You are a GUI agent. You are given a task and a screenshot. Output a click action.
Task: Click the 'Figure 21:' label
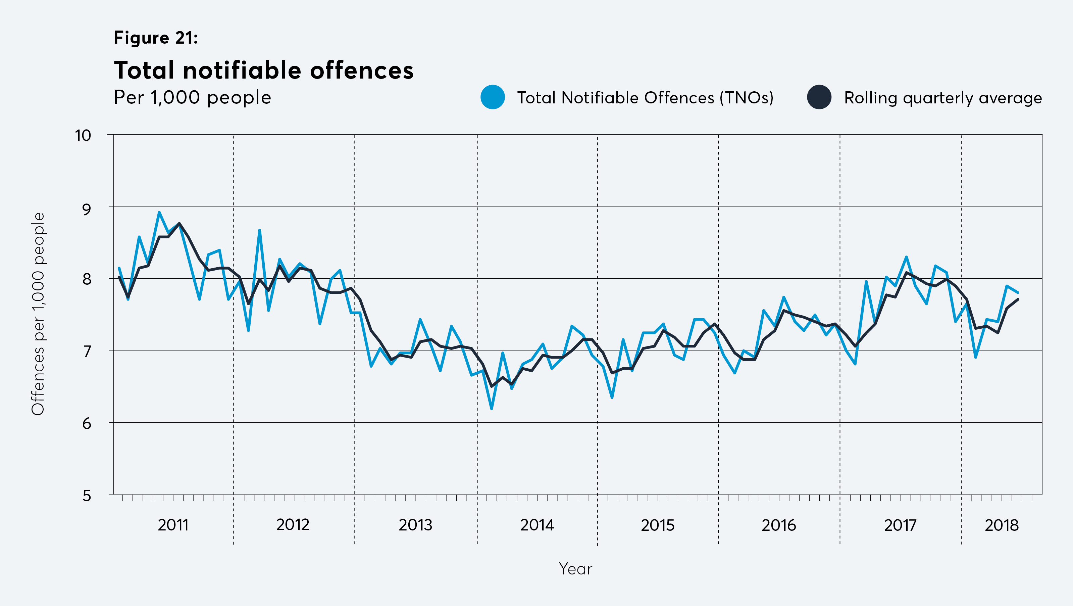pos(156,38)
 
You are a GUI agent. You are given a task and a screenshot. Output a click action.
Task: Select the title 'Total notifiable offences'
pos(264,70)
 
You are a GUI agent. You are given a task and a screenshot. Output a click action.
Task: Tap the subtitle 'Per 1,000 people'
pos(193,97)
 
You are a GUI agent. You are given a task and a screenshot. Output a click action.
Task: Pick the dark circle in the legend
pos(819,97)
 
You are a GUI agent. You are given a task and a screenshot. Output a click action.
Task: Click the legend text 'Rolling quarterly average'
pos(942,98)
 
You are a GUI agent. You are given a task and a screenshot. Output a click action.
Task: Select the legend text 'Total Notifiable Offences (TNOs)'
pos(645,98)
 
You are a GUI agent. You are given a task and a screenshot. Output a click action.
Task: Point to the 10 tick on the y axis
pos(83,135)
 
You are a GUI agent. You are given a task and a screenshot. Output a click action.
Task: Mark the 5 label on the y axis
pos(87,496)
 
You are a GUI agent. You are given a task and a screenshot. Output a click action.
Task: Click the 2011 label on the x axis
pos(173,525)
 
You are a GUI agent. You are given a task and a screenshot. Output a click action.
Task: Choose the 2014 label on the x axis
pos(537,525)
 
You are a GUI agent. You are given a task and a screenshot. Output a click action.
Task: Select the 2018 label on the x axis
pos(1001,525)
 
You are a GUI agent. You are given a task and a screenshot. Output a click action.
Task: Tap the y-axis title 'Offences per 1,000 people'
pos(38,314)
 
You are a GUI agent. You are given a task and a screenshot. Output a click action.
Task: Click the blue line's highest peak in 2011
pos(159,212)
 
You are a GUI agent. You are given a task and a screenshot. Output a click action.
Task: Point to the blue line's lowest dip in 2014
pos(492,409)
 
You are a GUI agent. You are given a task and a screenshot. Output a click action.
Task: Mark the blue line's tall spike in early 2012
pos(259,230)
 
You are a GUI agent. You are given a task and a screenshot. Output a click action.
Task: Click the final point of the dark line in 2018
pos(1018,299)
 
